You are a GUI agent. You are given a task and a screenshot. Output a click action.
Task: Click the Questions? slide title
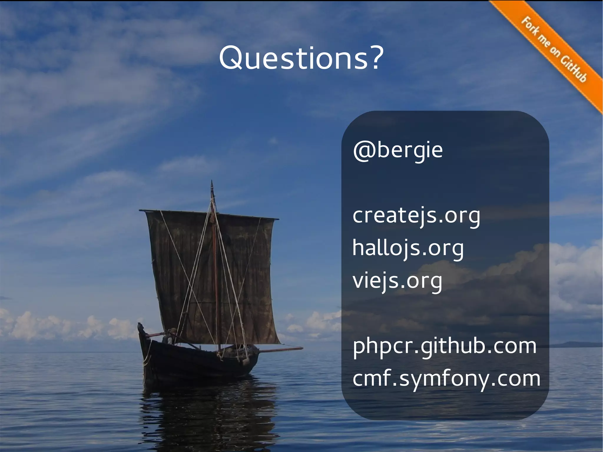301,58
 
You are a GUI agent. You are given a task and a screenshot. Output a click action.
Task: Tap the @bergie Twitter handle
397,150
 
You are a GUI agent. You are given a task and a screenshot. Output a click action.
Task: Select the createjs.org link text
416,216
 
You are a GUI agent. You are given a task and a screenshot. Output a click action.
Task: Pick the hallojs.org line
408,248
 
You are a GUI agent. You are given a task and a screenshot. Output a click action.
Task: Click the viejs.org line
397,281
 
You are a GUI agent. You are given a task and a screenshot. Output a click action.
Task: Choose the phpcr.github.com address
444,346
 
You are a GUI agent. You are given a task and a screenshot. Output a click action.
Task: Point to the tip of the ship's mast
212,183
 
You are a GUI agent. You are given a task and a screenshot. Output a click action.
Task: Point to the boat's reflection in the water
206,412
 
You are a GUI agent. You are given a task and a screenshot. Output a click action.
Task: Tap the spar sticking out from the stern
283,350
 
